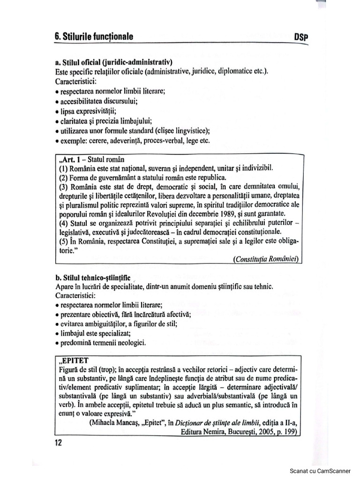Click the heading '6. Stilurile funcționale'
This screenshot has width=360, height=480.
click(x=94, y=36)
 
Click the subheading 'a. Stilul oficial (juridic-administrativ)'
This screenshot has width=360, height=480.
click(x=113, y=62)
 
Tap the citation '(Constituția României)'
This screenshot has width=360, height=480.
click(x=266, y=260)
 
